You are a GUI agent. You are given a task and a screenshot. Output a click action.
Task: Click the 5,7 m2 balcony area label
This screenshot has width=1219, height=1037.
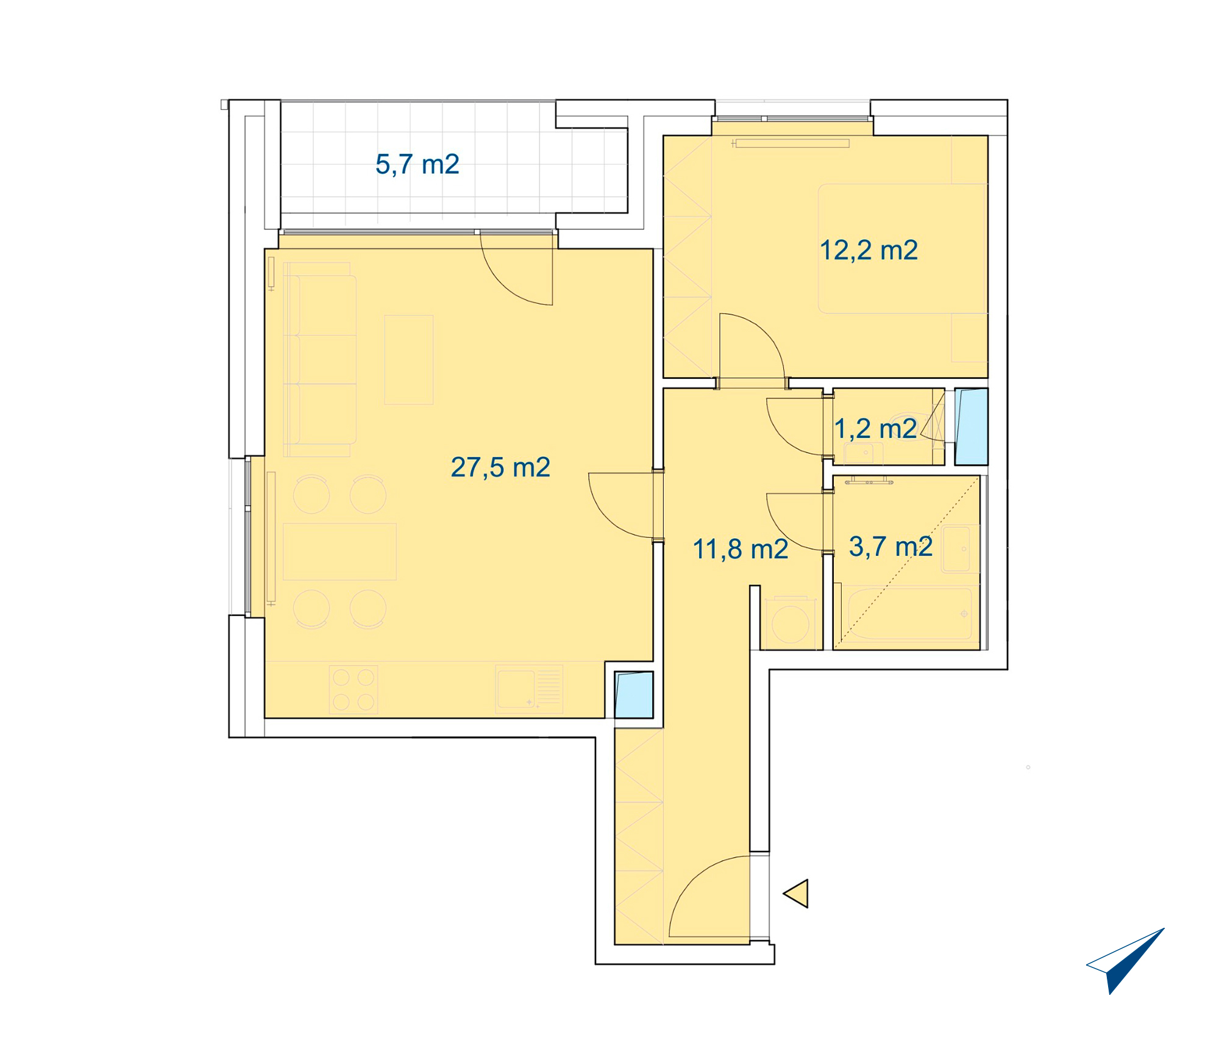(418, 164)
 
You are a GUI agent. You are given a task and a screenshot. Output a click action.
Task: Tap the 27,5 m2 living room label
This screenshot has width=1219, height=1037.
(500, 467)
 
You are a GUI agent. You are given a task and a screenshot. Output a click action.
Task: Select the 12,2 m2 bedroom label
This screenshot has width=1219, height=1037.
(869, 250)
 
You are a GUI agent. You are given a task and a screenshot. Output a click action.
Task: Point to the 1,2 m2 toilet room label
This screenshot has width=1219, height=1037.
(875, 428)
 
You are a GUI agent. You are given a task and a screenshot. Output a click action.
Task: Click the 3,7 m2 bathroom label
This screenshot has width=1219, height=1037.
(890, 546)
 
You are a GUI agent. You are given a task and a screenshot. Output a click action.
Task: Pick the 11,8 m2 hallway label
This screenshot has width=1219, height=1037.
(741, 549)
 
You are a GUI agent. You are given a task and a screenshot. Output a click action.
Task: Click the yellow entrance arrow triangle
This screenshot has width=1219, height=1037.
(796, 894)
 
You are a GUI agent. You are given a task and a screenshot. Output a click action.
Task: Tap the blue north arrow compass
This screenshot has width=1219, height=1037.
(1126, 961)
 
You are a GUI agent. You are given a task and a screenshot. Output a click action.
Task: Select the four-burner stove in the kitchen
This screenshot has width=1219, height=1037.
(354, 689)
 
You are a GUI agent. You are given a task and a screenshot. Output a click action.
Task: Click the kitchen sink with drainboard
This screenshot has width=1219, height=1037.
(529, 689)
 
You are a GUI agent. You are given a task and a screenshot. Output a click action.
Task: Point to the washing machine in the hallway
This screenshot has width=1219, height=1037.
(790, 622)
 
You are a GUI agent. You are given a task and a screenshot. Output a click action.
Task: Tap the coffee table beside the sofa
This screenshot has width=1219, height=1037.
(409, 360)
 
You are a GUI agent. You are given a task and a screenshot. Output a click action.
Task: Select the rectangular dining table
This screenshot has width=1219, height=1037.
(339, 551)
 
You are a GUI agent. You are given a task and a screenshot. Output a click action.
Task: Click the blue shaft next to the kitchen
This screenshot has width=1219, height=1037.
(634, 695)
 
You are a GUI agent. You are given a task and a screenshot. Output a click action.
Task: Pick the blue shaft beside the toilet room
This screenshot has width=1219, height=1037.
(971, 427)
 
